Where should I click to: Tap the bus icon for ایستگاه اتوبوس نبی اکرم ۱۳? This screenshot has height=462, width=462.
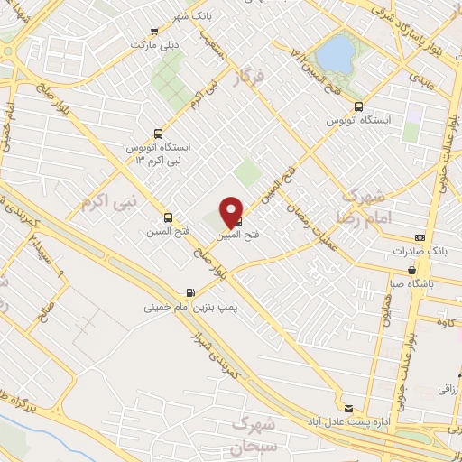tap(160, 132)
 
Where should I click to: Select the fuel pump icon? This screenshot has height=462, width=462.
tap(189, 292)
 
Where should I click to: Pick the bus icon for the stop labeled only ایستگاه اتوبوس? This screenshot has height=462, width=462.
tap(358, 106)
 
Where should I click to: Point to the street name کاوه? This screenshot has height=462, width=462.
tap(444, 321)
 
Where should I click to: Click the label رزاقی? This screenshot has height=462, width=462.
tap(448, 390)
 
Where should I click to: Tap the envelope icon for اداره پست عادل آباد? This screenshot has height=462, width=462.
tap(348, 407)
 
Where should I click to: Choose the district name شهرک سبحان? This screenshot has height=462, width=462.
tap(254, 433)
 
